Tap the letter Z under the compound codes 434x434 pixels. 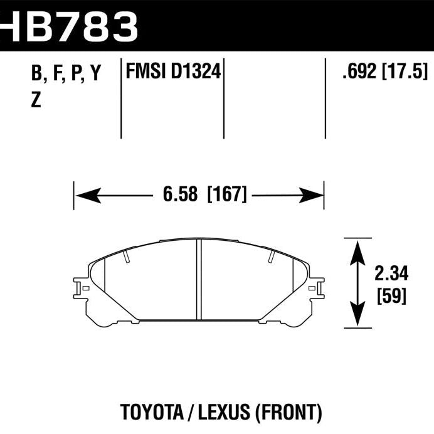pos(36,100)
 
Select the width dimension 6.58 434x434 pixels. pos(176,195)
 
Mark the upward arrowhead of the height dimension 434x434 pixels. pos(357,249)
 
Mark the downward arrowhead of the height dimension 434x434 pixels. pos(357,317)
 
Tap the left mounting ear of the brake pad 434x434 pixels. pos(82,289)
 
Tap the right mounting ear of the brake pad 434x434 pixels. pos(317,289)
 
